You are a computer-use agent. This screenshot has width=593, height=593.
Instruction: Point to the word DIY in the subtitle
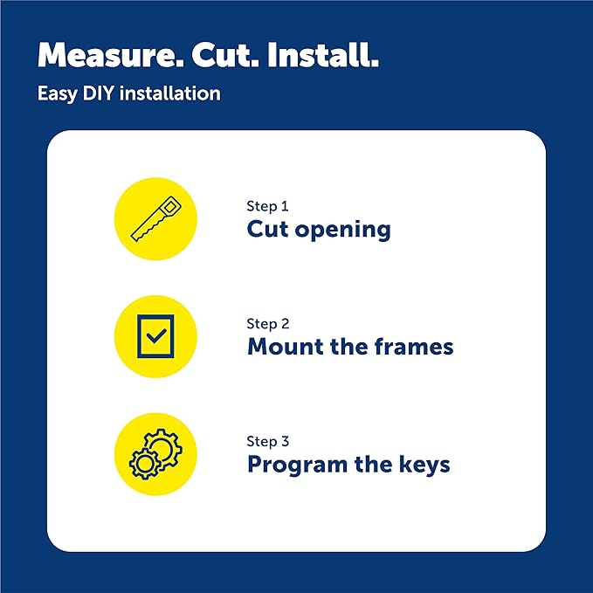pyautogui.click(x=96, y=93)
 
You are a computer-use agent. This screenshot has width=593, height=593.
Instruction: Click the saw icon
pyautogui.click(x=155, y=218)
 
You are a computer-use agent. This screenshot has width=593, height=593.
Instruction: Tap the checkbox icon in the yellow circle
pyautogui.click(x=155, y=336)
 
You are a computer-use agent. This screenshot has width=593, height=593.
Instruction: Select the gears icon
pyautogui.click(x=155, y=453)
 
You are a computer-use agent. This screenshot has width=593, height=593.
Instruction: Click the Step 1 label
pyautogui.click(x=267, y=206)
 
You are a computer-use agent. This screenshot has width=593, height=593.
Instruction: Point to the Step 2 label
pyautogui.click(x=267, y=324)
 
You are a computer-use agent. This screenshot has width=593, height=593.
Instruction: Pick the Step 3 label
pyautogui.click(x=267, y=441)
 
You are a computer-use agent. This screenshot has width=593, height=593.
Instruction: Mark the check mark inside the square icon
pyautogui.click(x=156, y=336)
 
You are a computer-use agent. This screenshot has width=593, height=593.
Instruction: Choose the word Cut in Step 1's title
pyautogui.click(x=265, y=230)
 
